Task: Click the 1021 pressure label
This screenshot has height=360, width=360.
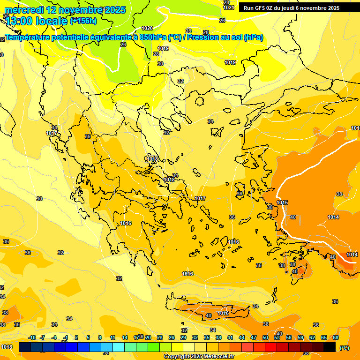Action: [x=229, y=7]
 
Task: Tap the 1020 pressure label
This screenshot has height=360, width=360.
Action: [x=147, y=28]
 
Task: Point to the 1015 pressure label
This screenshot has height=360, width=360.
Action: [x=282, y=202]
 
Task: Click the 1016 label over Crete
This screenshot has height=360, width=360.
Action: [x=223, y=313]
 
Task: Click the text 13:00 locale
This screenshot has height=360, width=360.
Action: [x=37, y=21]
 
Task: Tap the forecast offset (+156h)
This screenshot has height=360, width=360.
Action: [x=83, y=21]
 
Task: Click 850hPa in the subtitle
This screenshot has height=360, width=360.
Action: [x=153, y=37]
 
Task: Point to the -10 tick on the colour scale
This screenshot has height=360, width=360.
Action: [x=32, y=337]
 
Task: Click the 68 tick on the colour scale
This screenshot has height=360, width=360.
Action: [x=336, y=337]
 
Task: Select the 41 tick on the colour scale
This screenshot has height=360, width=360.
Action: [x=230, y=337]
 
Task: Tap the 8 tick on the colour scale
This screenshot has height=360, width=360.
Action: [x=100, y=337]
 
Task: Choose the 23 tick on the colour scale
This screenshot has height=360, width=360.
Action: [x=160, y=337]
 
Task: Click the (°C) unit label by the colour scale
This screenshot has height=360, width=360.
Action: [x=345, y=348]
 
